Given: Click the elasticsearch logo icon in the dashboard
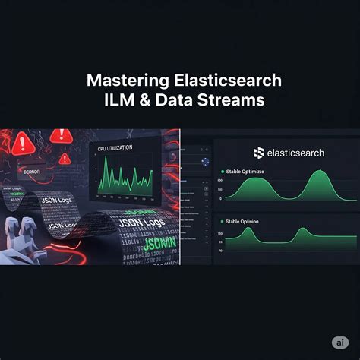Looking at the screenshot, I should tap(257, 153).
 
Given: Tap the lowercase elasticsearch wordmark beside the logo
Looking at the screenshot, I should tap(295, 153).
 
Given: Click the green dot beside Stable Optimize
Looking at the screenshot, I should tap(222, 172).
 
